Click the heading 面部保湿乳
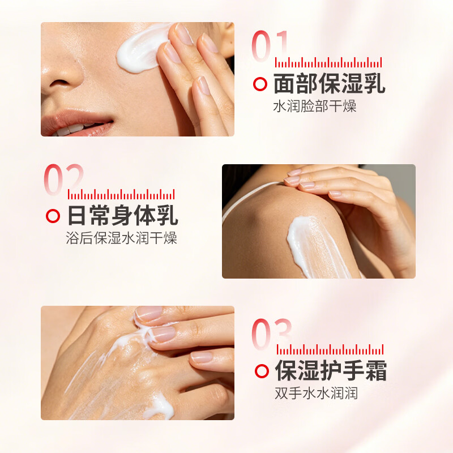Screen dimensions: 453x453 (x=329, y=83)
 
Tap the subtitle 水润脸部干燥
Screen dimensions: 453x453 (x=315, y=106)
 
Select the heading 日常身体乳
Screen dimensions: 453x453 (x=123, y=215)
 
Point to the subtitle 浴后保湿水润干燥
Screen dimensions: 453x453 (x=121, y=238)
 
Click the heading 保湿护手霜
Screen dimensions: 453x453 (x=331, y=370)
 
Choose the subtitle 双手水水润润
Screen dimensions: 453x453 (x=316, y=393)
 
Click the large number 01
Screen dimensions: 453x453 (x=270, y=46)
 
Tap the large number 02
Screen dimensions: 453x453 (x=64, y=179)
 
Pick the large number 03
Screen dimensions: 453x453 (x=271, y=334)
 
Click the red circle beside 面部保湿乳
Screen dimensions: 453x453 (x=260, y=84)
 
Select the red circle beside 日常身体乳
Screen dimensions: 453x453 (x=53, y=216)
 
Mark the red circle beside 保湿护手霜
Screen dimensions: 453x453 (x=262, y=371)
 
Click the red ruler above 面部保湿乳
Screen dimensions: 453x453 (x=328, y=62)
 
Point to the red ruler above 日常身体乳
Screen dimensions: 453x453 (x=121, y=194)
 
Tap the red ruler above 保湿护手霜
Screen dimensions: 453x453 (x=330, y=349)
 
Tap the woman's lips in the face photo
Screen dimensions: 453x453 (x=76, y=123)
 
